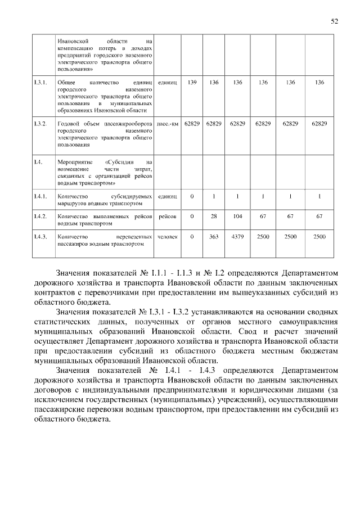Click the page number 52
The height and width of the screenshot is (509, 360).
point(334,21)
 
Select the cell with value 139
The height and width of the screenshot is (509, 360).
point(192,83)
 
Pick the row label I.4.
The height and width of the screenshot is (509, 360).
point(38,162)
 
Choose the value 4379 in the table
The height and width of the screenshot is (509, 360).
point(237,237)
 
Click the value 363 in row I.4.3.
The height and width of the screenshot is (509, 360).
point(214,237)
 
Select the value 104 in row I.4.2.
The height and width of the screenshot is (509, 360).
point(237,216)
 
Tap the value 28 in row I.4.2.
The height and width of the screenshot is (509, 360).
point(214,216)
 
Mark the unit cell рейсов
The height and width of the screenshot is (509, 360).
point(168,216)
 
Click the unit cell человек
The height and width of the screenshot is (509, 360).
point(168,237)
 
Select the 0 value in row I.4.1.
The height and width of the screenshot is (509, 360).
point(192,196)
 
